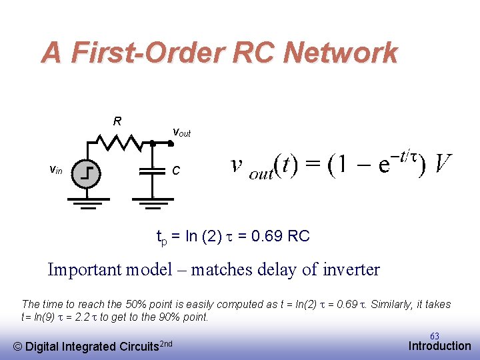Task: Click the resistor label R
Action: point(117,121)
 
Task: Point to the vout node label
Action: point(182,132)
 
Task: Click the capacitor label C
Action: point(176,171)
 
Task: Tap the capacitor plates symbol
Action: point(153,171)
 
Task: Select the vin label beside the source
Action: point(57,170)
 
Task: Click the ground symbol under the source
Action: point(87,201)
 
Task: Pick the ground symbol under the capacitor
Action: point(153,201)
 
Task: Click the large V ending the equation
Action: point(442,163)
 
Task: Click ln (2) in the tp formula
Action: point(200,236)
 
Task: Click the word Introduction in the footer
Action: point(439,345)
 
